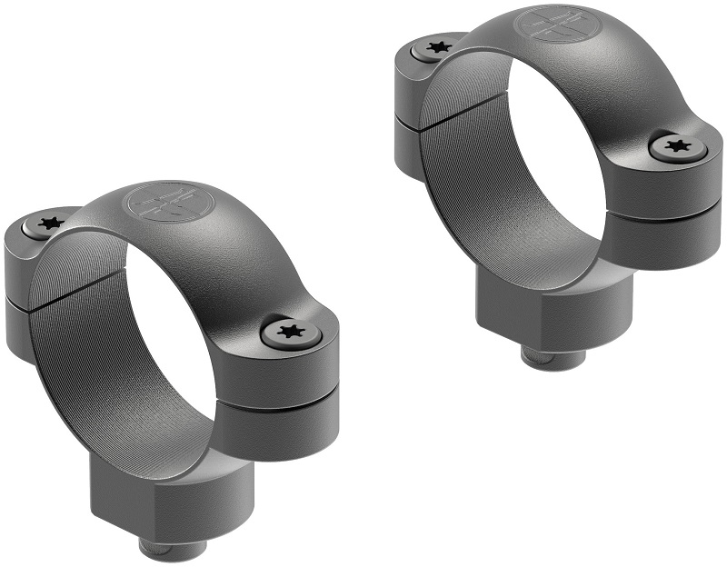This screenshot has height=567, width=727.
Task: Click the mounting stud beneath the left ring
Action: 168,549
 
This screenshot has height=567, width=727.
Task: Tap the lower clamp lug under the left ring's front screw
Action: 282,427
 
